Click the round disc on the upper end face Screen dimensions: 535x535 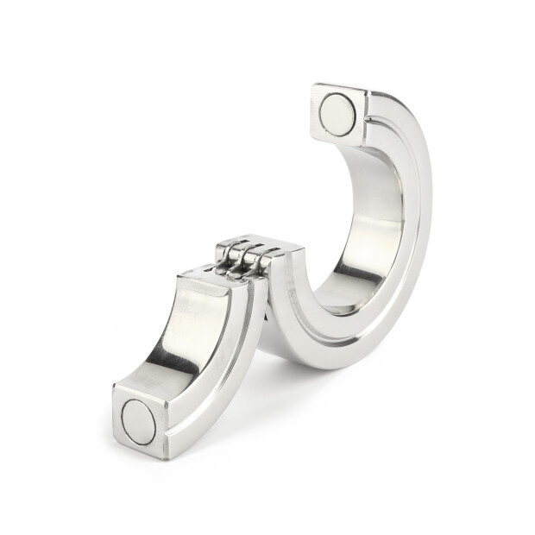click(337, 115)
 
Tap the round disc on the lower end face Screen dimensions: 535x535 click(139, 422)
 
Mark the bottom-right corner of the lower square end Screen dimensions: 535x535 click(165, 457)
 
